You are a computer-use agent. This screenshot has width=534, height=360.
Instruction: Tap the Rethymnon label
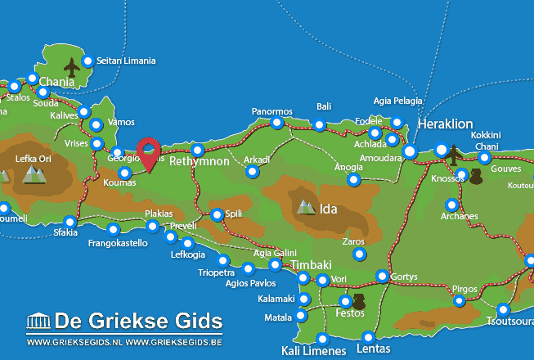point(200,162)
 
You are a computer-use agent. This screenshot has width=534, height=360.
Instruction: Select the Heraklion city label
point(445,124)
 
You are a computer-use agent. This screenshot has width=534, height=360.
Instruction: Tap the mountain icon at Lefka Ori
point(33,173)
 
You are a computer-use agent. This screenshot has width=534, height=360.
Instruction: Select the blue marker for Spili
point(217,214)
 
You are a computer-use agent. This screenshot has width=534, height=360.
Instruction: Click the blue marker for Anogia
point(353,179)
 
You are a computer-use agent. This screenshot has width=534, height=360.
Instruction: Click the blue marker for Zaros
point(359,254)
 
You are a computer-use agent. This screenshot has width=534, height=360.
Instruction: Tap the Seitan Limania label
point(126,61)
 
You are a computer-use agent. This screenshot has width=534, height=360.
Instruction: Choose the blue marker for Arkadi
point(252,172)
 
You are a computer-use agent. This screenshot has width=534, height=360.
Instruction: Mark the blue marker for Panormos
point(277,123)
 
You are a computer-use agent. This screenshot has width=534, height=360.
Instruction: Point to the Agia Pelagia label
point(398,101)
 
